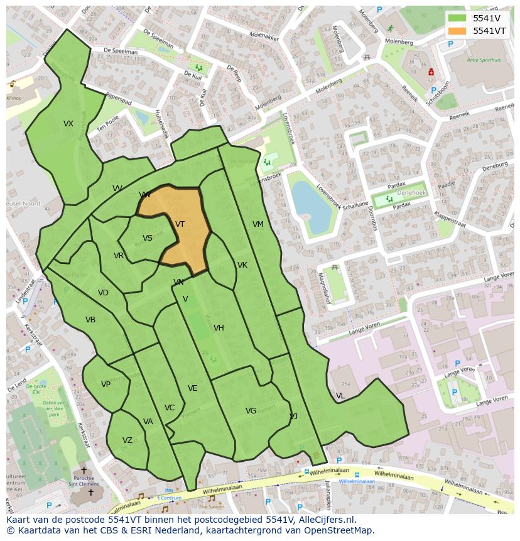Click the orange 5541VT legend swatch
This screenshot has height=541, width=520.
(x=457, y=31)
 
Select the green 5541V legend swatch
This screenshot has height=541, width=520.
(x=457, y=18)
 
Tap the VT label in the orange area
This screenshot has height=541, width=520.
(x=180, y=224)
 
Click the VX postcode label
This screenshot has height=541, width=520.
(x=68, y=124)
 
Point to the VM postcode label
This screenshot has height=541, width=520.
(x=258, y=224)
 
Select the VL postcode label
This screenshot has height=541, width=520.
(x=340, y=396)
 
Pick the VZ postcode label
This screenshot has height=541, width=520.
(x=127, y=440)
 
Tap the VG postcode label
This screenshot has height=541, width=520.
(x=251, y=411)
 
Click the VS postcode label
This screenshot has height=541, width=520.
(x=148, y=238)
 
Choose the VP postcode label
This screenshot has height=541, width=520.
(x=106, y=385)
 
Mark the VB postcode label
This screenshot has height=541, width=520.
(x=90, y=320)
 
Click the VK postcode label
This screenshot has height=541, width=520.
(x=242, y=265)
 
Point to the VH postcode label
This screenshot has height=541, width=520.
(x=219, y=328)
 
